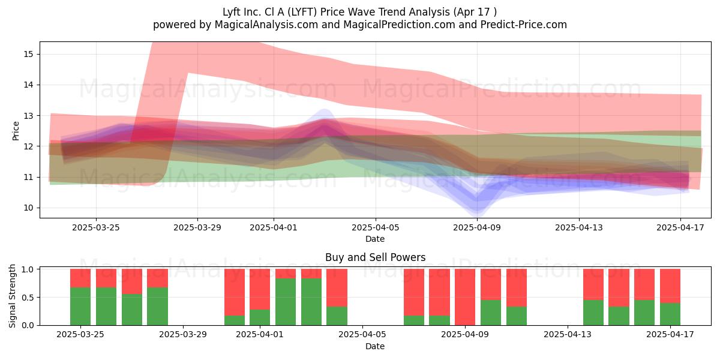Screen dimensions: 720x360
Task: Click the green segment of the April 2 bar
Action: click(286, 302)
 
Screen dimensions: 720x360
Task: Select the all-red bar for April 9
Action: click(465, 297)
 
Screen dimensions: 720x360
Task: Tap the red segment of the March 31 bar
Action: click(235, 292)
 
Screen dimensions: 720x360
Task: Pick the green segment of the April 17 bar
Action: click(670, 314)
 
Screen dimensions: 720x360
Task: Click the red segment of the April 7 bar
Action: click(414, 292)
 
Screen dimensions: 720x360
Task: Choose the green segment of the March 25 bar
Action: click(80, 307)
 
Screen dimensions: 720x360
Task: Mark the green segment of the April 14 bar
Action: click(593, 313)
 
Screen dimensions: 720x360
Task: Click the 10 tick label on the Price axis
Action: click(28, 208)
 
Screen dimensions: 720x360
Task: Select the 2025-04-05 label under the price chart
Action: click(375, 227)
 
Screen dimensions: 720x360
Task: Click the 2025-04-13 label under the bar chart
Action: click(568, 335)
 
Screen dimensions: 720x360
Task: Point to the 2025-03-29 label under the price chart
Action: click(197, 227)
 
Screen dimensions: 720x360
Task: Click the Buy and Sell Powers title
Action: click(375, 257)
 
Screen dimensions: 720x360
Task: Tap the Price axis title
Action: click(16, 131)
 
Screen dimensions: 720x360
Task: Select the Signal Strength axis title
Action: click(12, 296)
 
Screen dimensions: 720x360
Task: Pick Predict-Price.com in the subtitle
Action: click(524, 25)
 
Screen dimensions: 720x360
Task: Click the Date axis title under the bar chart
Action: click(375, 347)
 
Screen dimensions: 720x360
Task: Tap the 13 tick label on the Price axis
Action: click(28, 116)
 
